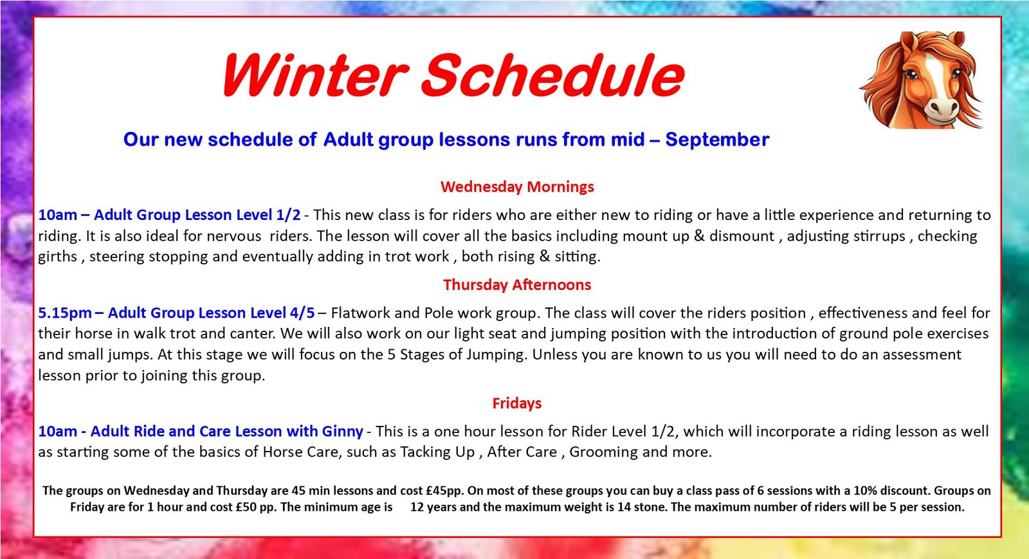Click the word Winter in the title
(315, 76)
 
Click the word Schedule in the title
(553, 76)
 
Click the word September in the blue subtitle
(717, 140)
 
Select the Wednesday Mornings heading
(517, 187)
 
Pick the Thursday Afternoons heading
(517, 285)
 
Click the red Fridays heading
(517, 403)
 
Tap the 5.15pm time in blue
(64, 313)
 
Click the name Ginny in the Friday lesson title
(343, 432)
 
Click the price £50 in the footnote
(246, 507)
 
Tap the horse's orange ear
(906, 45)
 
